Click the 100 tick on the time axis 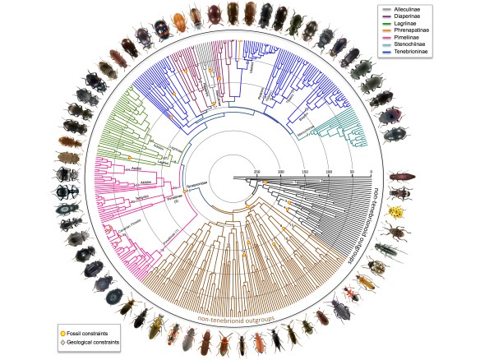[328, 172]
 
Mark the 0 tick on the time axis [372, 172]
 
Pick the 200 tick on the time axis [281, 172]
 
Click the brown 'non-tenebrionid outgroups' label [239, 310]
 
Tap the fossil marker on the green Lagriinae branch [129, 156]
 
